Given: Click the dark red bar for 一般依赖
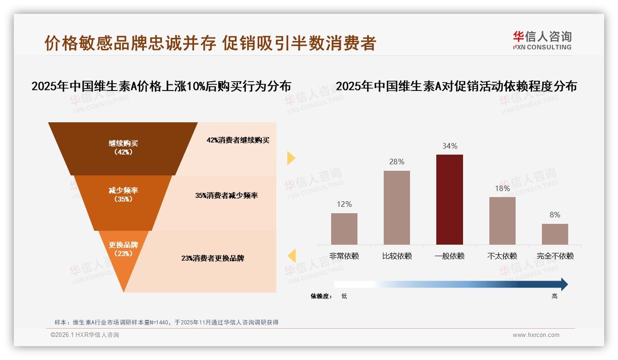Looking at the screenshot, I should coord(449,199).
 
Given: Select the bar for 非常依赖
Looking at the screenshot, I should coord(344,228).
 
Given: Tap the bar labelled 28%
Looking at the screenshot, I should coord(397,207).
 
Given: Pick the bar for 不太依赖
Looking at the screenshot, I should coord(502,221).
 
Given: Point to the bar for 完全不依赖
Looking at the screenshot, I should coord(555,234).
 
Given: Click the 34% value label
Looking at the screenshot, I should coord(450,146).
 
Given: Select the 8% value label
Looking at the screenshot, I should coord(555,215).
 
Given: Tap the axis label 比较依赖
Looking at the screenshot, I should coord(397,256).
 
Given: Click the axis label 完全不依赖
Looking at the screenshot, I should coord(555,256).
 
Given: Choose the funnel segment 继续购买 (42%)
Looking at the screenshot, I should coord(123,148).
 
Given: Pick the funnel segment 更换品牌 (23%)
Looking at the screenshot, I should coord(123,249).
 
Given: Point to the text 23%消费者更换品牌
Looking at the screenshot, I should coord(213,258).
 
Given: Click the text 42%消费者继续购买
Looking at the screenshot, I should coord(238,140).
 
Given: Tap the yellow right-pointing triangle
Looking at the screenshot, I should coord(291,158).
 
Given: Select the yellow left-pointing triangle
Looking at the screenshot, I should coord(291,255).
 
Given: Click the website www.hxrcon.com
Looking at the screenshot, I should coord(535,335).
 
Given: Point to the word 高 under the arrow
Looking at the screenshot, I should coord(554,296).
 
